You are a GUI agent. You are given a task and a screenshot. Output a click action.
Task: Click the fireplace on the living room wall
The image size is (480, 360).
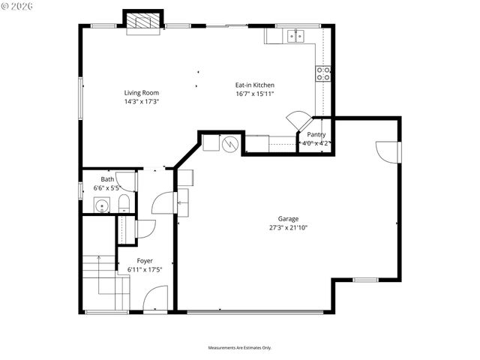142,23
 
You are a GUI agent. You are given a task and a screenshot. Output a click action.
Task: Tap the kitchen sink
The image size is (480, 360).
296,35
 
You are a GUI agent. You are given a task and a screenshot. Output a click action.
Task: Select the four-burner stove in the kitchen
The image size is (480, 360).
324,73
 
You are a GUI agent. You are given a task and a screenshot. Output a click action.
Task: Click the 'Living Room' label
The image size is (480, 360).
141,93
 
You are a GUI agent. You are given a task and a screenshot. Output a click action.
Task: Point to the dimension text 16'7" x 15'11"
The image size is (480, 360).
255,94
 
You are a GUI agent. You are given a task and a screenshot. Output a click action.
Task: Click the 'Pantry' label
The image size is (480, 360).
316,134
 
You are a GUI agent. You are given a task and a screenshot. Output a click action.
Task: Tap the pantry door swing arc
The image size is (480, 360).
298,120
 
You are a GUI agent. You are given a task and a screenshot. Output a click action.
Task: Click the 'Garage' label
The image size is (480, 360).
289,219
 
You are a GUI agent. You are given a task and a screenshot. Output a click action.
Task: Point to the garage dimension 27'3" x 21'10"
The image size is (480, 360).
289,227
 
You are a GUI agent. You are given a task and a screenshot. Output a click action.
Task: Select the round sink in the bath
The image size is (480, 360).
100,205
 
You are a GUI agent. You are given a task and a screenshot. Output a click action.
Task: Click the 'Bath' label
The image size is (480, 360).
108,179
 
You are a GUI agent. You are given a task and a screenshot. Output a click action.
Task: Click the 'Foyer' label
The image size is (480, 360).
145,260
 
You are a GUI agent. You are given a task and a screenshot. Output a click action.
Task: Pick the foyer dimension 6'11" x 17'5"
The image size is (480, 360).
145,268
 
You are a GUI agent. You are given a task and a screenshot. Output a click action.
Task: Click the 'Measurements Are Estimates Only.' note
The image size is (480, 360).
239,347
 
